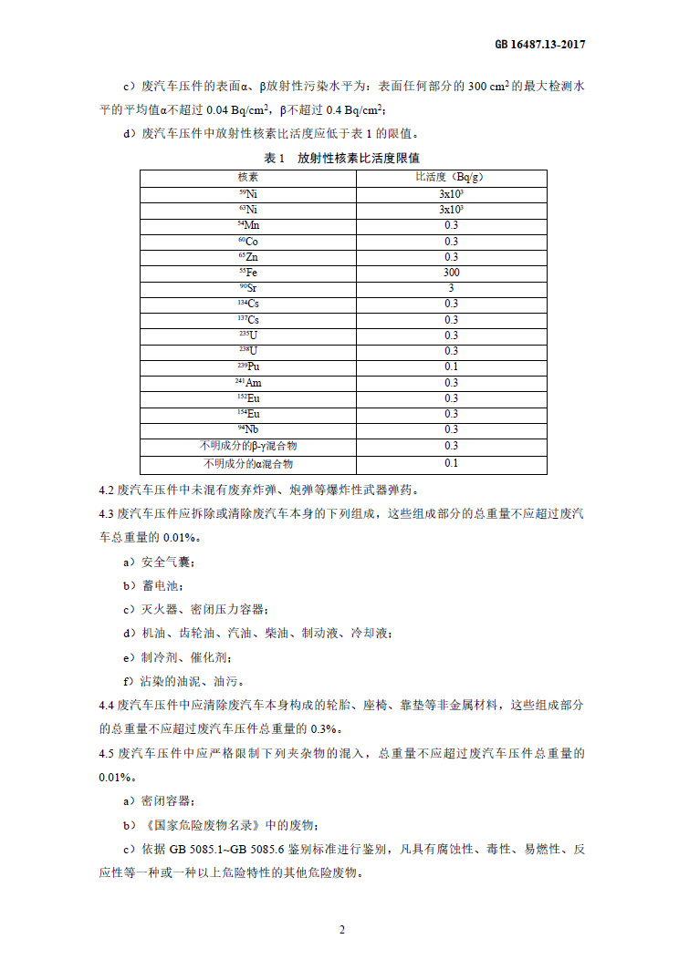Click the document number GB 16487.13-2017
click(540, 43)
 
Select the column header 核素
click(248, 177)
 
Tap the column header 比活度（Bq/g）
click(451, 177)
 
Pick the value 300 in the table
click(451, 272)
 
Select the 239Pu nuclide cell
click(248, 366)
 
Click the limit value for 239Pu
click(451, 366)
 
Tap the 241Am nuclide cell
click(248, 383)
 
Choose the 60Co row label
click(248, 241)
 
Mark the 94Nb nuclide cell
click(248, 429)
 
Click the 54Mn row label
click(248, 225)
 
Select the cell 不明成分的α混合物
click(248, 463)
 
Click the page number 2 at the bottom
click(341, 930)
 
